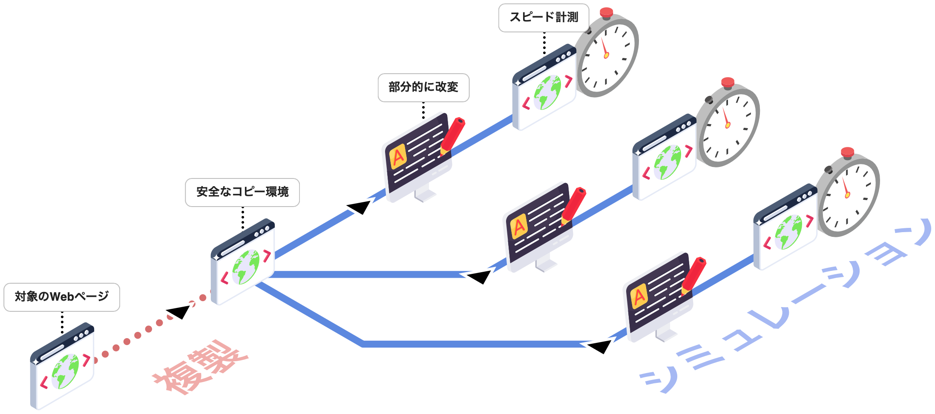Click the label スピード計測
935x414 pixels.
(x=544, y=17)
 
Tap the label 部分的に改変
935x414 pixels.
(x=423, y=87)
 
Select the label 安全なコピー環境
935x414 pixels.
(x=242, y=192)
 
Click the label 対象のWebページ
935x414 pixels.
(x=61, y=297)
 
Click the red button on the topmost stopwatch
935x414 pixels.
(x=606, y=12)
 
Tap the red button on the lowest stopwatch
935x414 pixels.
(x=847, y=152)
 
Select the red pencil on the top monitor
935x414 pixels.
(x=452, y=135)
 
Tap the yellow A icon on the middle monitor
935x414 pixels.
(x=519, y=227)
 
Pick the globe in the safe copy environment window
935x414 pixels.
(x=246, y=267)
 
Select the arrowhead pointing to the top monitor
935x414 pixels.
(x=359, y=207)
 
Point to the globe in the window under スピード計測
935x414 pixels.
(x=547, y=92)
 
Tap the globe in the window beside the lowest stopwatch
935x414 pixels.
(x=788, y=232)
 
